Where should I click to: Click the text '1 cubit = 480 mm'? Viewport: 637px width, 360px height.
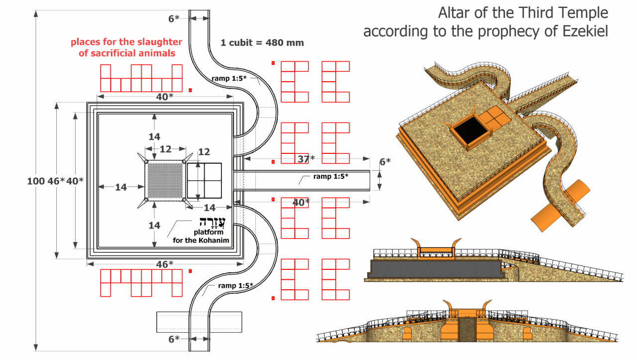[262, 43]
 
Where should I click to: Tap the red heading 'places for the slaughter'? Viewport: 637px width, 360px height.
[126, 42]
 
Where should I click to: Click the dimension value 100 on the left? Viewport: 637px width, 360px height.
[36, 181]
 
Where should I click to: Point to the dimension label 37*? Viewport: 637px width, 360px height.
[306, 159]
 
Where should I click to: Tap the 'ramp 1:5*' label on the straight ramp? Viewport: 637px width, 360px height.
[330, 176]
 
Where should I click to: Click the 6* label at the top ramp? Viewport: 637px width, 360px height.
[174, 19]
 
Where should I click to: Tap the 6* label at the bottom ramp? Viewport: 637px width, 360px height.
[174, 339]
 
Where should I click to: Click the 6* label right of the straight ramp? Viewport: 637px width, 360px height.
[385, 161]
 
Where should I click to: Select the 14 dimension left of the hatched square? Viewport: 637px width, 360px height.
[121, 187]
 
